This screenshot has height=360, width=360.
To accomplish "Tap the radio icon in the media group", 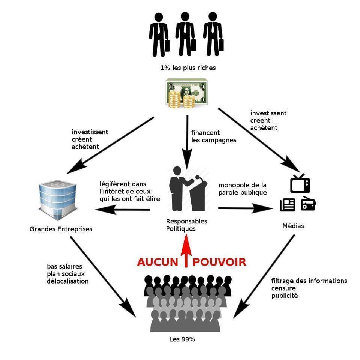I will point(309,204).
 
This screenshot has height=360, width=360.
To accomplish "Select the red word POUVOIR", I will point(219,262).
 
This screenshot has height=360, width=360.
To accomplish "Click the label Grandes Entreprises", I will point(61,229).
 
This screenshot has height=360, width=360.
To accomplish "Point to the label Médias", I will point(293,226).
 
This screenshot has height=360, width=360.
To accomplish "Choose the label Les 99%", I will point(182,339).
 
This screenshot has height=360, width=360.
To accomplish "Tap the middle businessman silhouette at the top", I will point(184,34).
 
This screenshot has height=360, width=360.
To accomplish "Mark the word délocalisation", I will point(68,281).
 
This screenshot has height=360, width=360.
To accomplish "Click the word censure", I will point(284,288).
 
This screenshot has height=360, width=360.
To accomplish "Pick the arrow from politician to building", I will point(124,210).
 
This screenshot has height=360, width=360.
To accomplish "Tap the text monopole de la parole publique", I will point(243,189).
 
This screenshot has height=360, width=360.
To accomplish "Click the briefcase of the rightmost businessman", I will point(221,44).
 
